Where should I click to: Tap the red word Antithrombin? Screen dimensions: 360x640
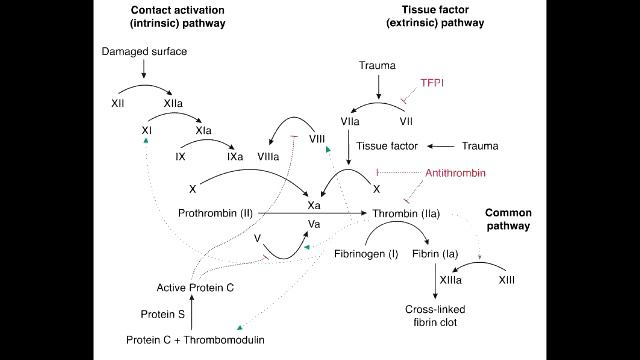pos(455,173)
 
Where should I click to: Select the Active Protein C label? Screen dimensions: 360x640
pos(196,288)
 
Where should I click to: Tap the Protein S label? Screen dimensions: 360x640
pos(160,314)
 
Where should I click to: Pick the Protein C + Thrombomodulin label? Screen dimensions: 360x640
pos(192,340)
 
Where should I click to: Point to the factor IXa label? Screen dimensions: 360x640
pos(235,157)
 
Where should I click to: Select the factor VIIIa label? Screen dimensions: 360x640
pos(270,157)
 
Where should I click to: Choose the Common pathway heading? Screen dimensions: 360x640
pos(508,220)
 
